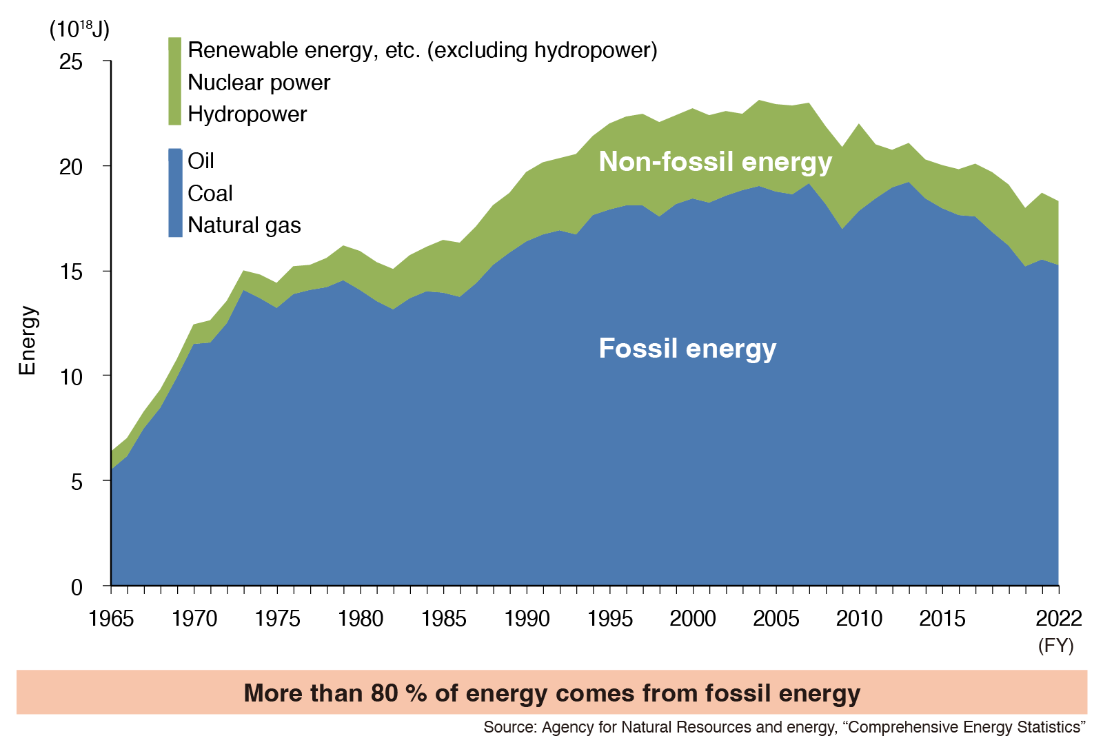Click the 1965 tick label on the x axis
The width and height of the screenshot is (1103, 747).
pyautogui.click(x=111, y=618)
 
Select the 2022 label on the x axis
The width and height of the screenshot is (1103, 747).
pyautogui.click(x=1058, y=618)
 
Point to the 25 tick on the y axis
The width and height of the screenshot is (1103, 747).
pyautogui.click(x=71, y=62)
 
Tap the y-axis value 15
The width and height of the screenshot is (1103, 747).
pyautogui.click(x=71, y=272)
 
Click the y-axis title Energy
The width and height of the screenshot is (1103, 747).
pyautogui.click(x=27, y=340)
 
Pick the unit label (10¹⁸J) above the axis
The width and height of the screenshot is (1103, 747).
pyautogui.click(x=79, y=30)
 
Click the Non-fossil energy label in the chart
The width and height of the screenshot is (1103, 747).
pyautogui.click(x=715, y=162)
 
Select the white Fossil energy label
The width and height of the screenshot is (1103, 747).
pyautogui.click(x=687, y=349)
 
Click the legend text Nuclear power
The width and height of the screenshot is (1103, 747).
pyautogui.click(x=259, y=83)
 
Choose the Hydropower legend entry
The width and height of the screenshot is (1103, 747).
pyautogui.click(x=247, y=114)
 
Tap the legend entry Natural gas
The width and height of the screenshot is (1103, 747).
pyautogui.click(x=244, y=225)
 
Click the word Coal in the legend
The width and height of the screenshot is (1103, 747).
pyautogui.click(x=210, y=194)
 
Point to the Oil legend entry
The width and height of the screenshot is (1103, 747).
pyautogui.click(x=201, y=161)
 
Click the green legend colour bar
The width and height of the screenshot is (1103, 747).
pyautogui.click(x=175, y=81)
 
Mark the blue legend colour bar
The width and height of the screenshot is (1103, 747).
pyautogui.click(x=175, y=193)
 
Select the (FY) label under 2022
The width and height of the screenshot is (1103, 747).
pyautogui.click(x=1056, y=646)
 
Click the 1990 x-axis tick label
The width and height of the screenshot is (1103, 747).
pyautogui.click(x=527, y=618)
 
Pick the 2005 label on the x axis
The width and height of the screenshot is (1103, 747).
pyautogui.click(x=776, y=618)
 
